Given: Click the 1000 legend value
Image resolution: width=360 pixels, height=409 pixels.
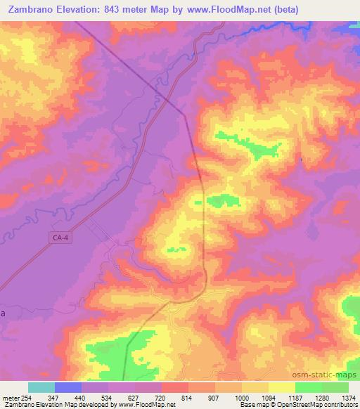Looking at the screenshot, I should (x=241, y=398).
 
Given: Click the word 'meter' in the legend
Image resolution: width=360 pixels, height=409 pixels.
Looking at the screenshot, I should (x=10, y=398).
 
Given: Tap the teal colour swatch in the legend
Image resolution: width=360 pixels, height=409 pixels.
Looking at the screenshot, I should (x=41, y=387).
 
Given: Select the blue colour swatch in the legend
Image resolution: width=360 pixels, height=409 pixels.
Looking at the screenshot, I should (x=68, y=387).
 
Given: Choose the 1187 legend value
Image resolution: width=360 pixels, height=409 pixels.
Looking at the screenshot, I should (x=295, y=398).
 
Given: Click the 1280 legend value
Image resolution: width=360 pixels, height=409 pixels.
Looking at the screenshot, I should (x=321, y=398).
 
